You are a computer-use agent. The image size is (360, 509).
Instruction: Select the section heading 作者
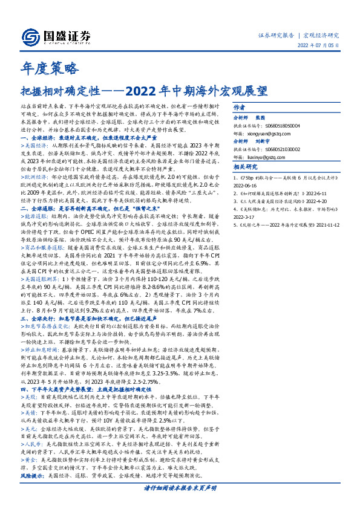point(240,106)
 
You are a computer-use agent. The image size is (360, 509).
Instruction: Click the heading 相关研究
point(246,167)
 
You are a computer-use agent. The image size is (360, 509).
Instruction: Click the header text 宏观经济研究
point(321,35)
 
